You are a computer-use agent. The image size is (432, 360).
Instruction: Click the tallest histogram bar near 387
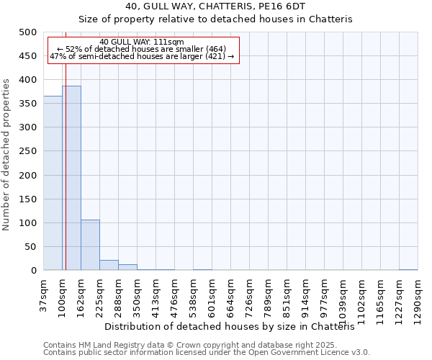point(71,179)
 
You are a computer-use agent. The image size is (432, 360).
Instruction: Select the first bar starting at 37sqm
point(53,184)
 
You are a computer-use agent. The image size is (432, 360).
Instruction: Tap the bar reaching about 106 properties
point(90,245)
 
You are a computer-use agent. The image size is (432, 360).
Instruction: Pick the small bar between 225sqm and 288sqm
point(109,265)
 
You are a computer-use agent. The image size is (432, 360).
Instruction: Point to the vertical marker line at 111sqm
point(66,144)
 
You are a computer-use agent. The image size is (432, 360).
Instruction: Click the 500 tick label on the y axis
point(28,32)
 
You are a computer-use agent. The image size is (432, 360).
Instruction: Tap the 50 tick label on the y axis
point(31,247)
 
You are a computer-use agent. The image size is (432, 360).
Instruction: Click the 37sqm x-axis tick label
point(44,295)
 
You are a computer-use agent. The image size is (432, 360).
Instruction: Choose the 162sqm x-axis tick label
point(81,297)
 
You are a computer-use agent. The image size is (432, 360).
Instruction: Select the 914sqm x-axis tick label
point(306,297)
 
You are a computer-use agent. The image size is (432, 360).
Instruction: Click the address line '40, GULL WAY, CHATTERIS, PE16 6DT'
point(215,6)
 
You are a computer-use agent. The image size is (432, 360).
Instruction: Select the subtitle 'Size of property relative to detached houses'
point(215,19)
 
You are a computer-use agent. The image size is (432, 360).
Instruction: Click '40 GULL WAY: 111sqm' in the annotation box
point(142,42)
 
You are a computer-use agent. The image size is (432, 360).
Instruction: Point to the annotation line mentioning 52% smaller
point(142,49)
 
